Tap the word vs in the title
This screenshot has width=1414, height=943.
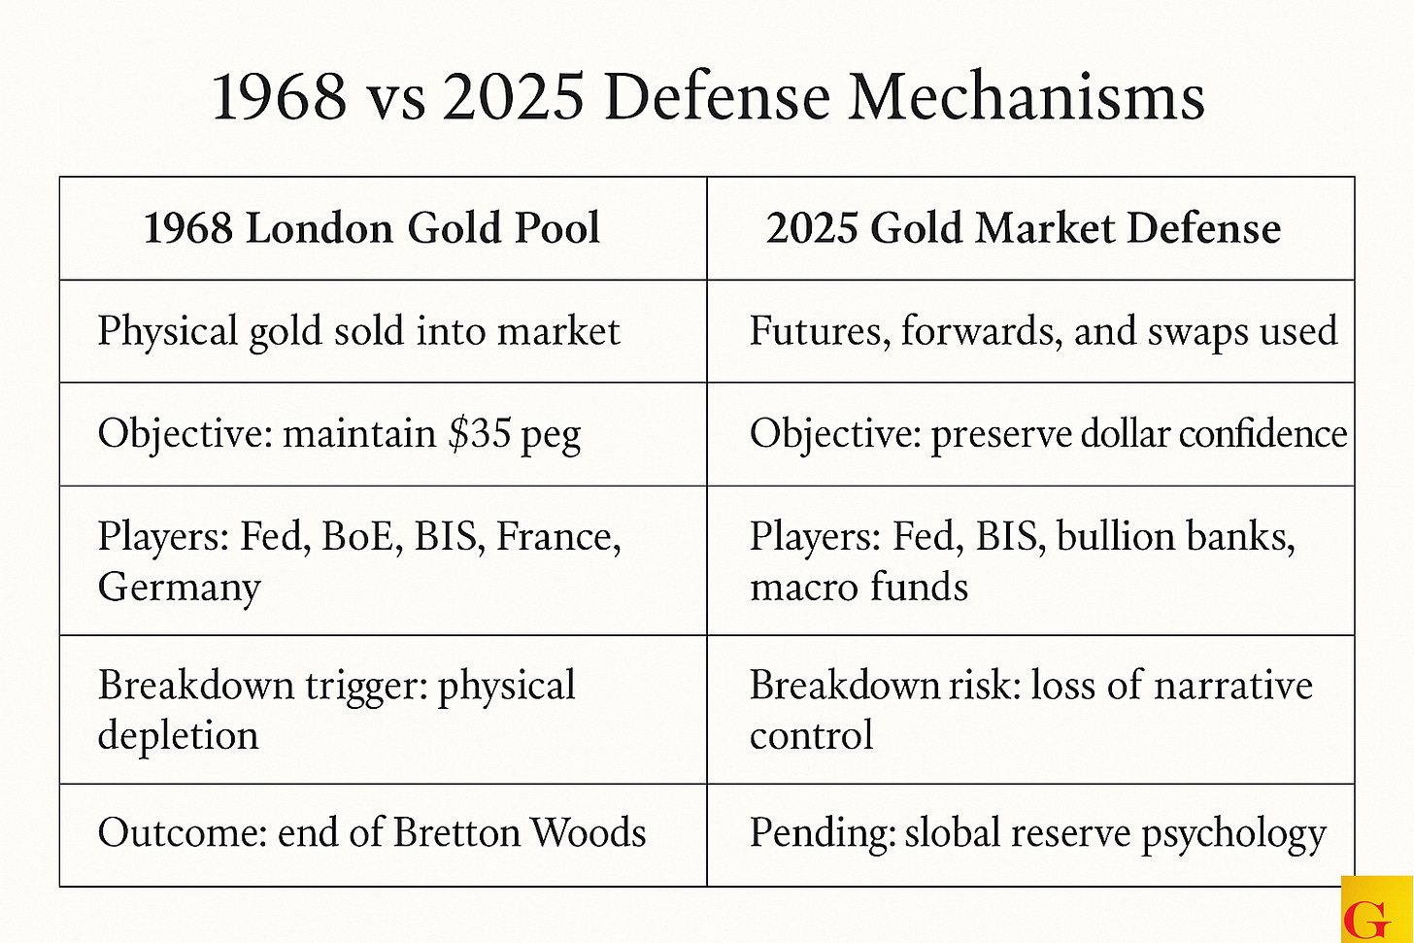393,99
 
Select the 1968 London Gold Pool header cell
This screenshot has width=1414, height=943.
372,229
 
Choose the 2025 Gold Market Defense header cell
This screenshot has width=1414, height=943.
1024,229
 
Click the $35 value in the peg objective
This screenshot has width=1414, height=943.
479,433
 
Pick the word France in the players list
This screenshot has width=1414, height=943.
558,537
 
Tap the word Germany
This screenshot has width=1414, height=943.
180,588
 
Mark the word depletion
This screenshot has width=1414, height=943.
178,736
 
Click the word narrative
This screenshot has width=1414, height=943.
1233,686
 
